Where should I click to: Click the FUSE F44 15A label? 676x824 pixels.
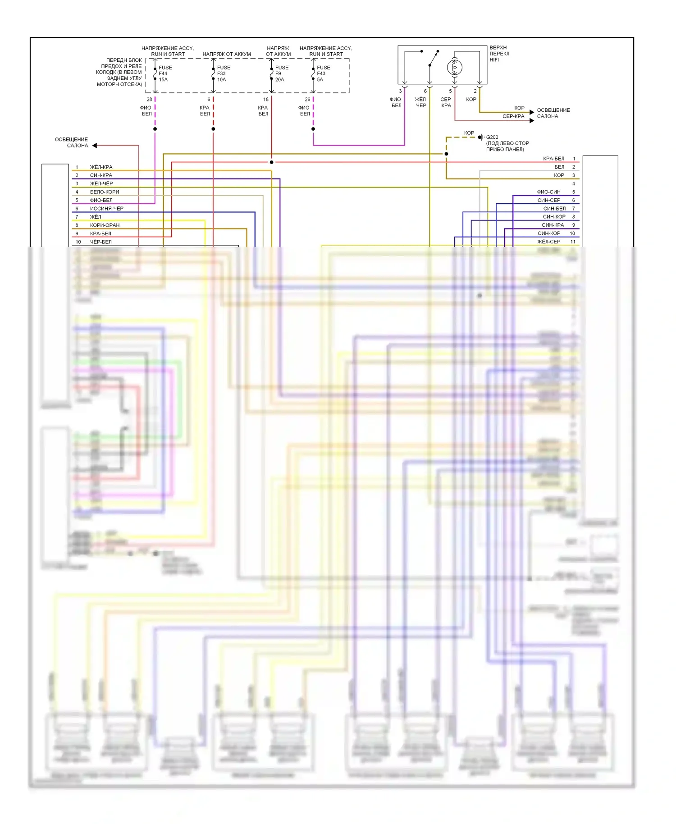[x=164, y=73]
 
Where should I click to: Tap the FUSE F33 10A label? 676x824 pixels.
[x=223, y=73]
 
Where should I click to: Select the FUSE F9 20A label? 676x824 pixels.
[x=281, y=73]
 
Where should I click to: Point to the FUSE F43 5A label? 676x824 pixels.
[x=323, y=73]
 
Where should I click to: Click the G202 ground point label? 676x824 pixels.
[x=492, y=137]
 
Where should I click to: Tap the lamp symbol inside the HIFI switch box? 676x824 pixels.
[x=454, y=68]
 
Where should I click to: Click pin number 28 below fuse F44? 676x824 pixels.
[x=149, y=99]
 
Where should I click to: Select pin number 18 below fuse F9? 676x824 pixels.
[x=266, y=99]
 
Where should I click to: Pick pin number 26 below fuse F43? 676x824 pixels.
[x=307, y=99]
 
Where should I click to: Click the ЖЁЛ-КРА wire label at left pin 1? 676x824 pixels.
[x=101, y=167]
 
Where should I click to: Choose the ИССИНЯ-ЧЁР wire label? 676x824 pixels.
[x=106, y=209]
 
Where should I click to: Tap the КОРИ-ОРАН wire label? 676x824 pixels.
[x=105, y=225]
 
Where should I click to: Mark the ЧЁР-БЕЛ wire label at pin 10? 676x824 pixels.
[x=100, y=242]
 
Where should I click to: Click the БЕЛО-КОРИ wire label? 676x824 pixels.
[x=105, y=192]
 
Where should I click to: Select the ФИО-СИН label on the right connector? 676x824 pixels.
[x=548, y=192]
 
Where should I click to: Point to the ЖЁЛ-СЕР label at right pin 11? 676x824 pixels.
[x=548, y=242]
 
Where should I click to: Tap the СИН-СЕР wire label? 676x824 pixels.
[x=548, y=200]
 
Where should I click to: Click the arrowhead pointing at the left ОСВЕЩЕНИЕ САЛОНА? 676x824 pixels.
[x=95, y=145]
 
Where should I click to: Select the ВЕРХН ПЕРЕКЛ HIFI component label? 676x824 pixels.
[x=499, y=53]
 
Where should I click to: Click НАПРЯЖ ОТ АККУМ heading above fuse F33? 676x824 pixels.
[x=227, y=54]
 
